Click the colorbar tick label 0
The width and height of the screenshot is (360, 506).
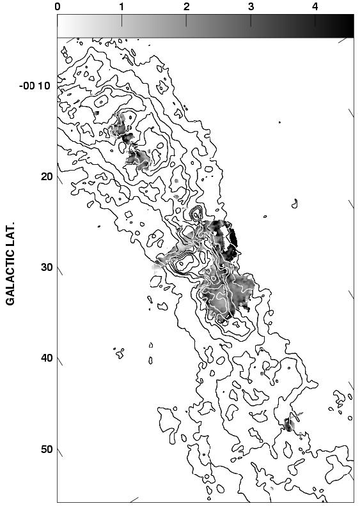(58, 6)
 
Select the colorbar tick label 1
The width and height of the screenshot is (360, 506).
(121, 6)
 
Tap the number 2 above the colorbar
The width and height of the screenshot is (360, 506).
(186, 6)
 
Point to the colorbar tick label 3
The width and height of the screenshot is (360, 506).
(251, 6)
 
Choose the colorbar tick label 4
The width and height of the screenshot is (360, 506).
(315, 6)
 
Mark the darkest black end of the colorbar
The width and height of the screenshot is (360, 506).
(348, 26)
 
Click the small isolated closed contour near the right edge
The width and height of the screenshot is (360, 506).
(295, 204)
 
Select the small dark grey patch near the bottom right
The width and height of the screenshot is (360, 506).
(289, 424)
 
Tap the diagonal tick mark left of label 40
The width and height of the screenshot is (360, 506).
(61, 362)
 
